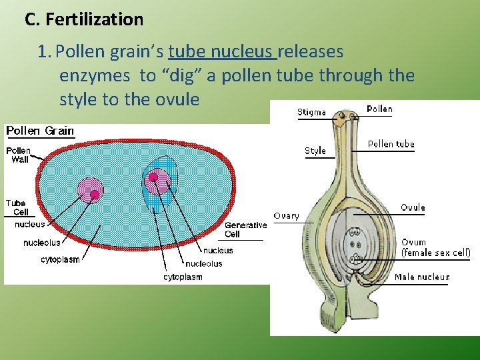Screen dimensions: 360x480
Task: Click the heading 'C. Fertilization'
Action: [x=84, y=19]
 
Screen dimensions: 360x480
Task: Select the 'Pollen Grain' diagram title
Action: [x=40, y=131]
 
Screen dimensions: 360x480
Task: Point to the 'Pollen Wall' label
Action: [x=20, y=155]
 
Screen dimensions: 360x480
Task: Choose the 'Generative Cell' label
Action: [x=245, y=229]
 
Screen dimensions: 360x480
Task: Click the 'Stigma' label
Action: [x=311, y=112]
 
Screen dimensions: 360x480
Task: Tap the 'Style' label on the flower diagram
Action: [x=315, y=151]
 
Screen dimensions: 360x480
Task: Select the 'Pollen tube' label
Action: [x=391, y=144]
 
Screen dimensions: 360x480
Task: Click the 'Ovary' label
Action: [x=287, y=216]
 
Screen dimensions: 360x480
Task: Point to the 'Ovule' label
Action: [x=413, y=207]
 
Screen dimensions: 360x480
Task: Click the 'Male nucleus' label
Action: [x=422, y=277]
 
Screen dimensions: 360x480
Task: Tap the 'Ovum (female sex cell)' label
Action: [x=435, y=248]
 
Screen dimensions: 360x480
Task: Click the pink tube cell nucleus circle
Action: [x=91, y=190]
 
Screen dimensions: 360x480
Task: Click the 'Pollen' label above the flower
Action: [x=379, y=109]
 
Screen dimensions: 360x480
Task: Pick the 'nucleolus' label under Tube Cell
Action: [x=41, y=243]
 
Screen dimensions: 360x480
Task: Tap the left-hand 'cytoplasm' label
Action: [x=60, y=260]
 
